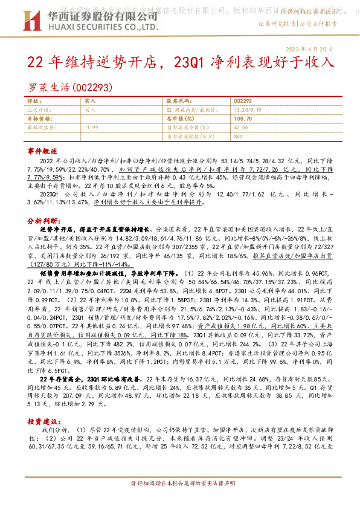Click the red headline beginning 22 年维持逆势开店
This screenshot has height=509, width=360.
pyautogui.click(x=180, y=62)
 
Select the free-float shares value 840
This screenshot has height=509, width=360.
pyautogui.click(x=238, y=137)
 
